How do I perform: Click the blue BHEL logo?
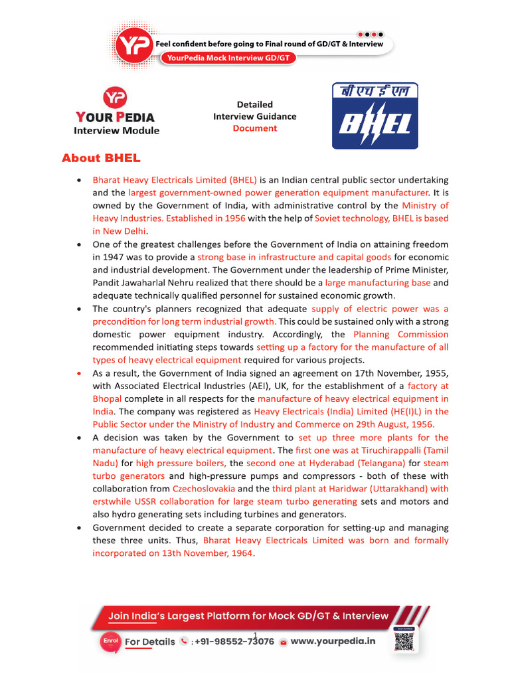point(375,116)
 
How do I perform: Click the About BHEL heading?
point(101,158)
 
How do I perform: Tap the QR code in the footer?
point(403,641)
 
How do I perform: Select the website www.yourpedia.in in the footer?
point(333,641)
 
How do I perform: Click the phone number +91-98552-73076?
point(232,641)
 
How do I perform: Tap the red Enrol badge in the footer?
point(110,641)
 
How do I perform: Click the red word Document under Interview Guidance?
point(254,128)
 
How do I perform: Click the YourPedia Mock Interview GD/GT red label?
point(228,58)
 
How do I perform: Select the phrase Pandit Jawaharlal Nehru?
point(139,283)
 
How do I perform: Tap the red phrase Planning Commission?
point(400,334)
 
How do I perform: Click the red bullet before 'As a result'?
point(80,373)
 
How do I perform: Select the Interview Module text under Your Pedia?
point(116,130)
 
